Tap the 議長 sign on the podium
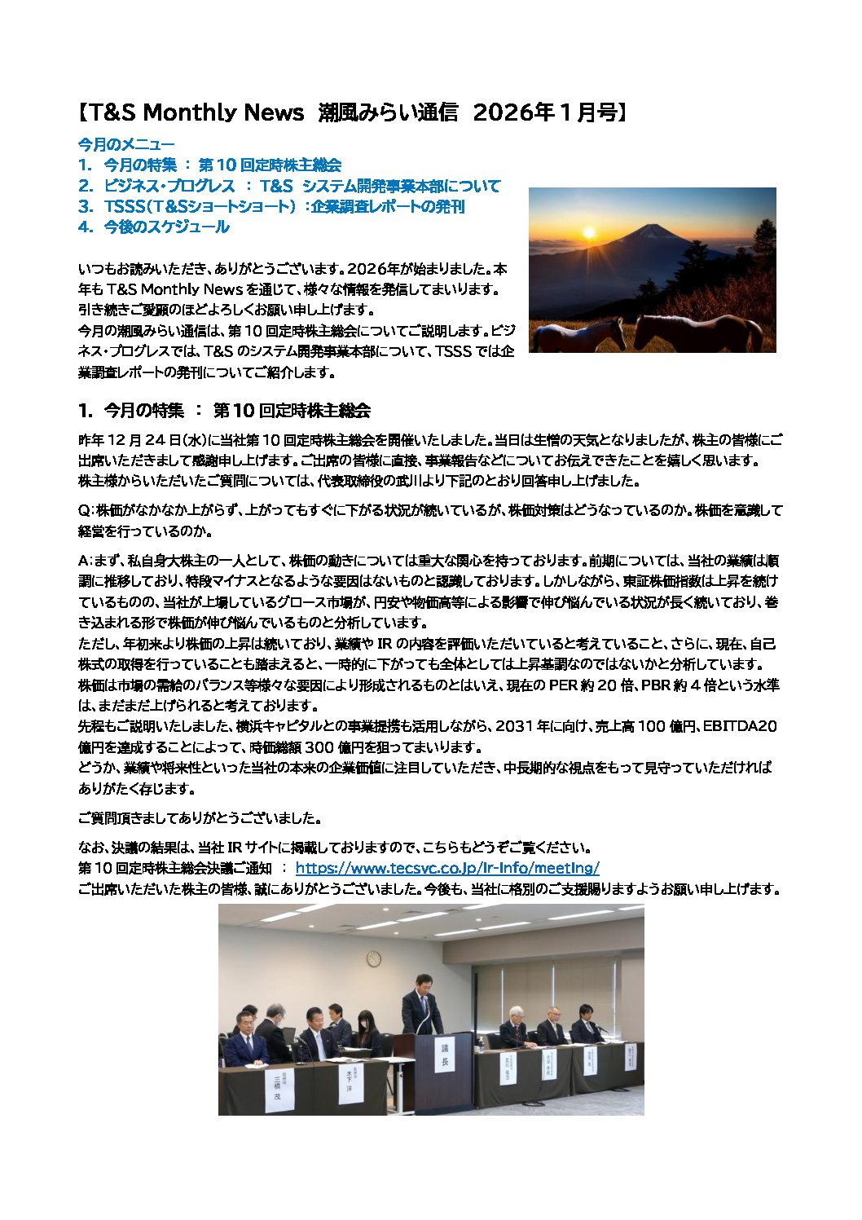(x=445, y=1055)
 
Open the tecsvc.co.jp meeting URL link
(x=447, y=868)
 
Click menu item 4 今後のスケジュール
(x=154, y=227)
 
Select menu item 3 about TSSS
(x=271, y=206)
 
